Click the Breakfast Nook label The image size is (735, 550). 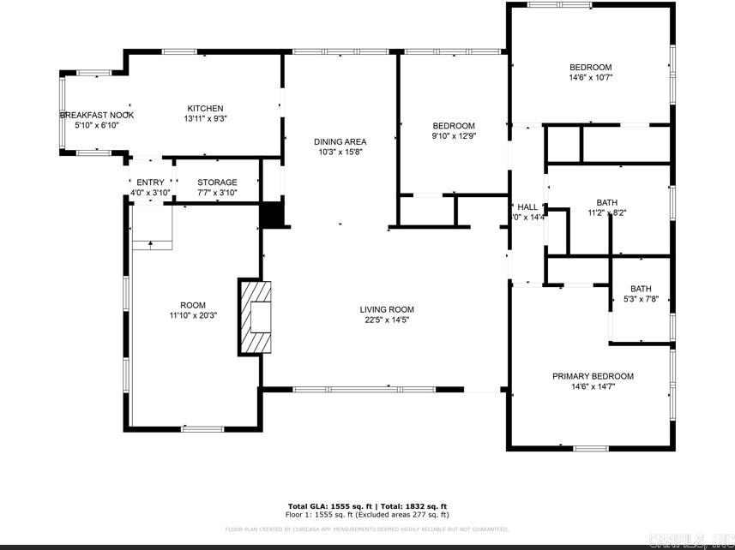pyautogui.click(x=96, y=115)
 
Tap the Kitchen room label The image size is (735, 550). pyautogui.click(x=205, y=109)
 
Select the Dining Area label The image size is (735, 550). pyautogui.click(x=340, y=142)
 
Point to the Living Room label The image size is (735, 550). pyautogui.click(x=387, y=310)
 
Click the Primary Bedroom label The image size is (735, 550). pyautogui.click(x=593, y=376)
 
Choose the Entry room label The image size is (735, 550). pyautogui.click(x=150, y=182)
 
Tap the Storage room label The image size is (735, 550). pyautogui.click(x=217, y=182)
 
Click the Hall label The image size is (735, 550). pyautogui.click(x=527, y=207)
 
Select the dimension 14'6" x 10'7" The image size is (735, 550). pyautogui.click(x=591, y=78)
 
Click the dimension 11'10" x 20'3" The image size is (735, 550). pyautogui.click(x=193, y=315)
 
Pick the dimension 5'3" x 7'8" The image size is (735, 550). pyautogui.click(x=641, y=299)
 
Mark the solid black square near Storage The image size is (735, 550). pyautogui.click(x=272, y=215)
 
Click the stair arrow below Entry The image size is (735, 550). pyautogui.click(x=152, y=244)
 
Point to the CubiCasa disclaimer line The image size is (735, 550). pyautogui.click(x=367, y=529)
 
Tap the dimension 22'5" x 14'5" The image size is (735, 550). pyautogui.click(x=387, y=320)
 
